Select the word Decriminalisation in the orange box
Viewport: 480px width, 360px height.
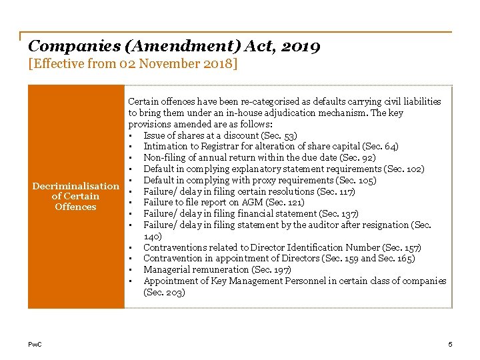click(75, 185)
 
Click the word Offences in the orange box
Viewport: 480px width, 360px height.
click(75, 207)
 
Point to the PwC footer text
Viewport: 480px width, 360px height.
click(35, 344)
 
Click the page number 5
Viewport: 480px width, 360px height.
click(450, 344)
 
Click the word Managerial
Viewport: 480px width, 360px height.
click(167, 269)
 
